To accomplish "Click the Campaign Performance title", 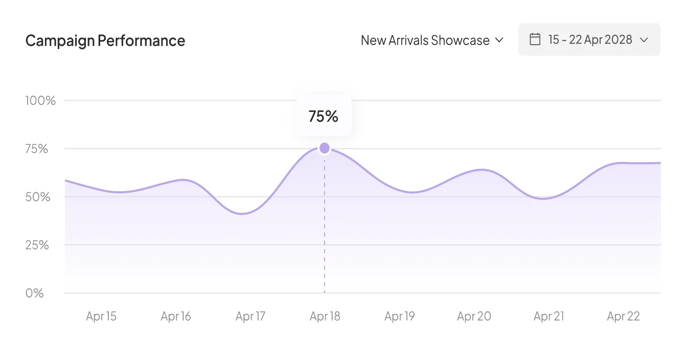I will click(105, 40).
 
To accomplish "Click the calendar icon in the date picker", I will click(535, 39).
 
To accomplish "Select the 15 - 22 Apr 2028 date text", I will click(590, 39).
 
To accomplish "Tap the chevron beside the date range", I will click(644, 40).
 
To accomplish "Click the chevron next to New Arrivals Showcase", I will click(499, 40).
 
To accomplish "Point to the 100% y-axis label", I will click(40, 100).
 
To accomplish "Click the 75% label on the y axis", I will click(37, 149).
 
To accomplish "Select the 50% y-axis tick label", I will click(38, 197).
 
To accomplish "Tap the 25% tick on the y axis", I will click(37, 245).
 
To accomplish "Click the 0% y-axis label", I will click(34, 293).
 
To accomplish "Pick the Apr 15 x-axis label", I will click(101, 317).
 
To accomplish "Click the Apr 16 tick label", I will click(176, 317).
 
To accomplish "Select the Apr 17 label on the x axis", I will click(250, 317).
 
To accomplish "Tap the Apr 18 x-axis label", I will click(325, 317).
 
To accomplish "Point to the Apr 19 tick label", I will click(400, 317).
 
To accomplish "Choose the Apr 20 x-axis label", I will click(474, 317).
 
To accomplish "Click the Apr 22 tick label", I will click(623, 317).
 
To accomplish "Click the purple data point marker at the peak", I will click(325, 148).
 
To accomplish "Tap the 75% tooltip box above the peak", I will click(324, 117).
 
